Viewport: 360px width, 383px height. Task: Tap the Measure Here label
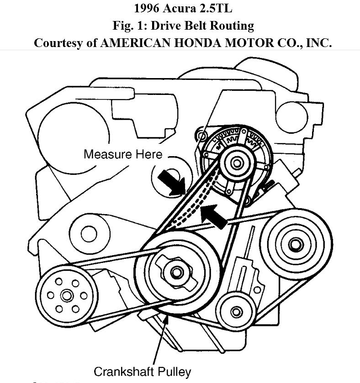coord(122,154)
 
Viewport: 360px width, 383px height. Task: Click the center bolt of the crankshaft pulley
coord(176,273)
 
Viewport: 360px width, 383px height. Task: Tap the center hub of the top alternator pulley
coord(236,163)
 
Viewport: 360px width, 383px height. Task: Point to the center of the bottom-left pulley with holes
coord(66,295)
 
